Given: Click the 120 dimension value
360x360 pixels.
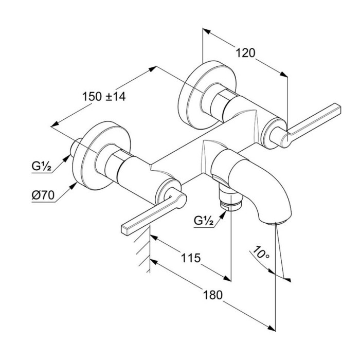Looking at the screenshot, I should click(246, 52).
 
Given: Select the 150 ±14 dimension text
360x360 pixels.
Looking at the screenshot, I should click(104, 96).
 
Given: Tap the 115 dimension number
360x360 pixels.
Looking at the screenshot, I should click(190, 258).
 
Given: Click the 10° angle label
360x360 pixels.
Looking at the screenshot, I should click(260, 253).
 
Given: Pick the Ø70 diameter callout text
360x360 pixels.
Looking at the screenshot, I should click(42, 196).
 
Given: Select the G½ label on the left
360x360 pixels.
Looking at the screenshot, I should click(41, 166).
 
